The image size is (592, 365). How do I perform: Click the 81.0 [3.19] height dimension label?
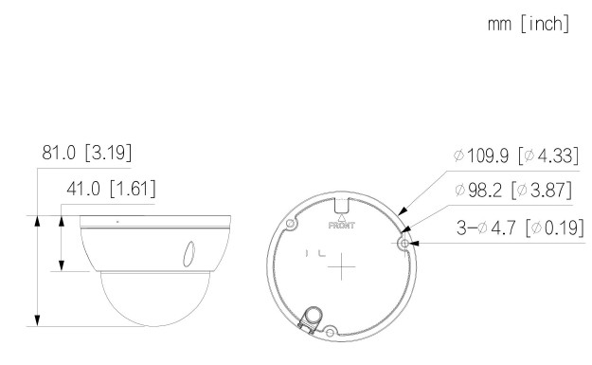pos(87,153)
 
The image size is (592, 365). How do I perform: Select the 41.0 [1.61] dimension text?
pos(111,188)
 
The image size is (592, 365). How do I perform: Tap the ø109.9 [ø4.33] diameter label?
pos(515,155)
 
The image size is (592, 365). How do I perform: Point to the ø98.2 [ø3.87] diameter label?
pos(513,190)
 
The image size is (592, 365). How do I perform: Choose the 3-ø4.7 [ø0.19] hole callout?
pos(520,228)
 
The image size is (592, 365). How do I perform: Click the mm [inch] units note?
pos(529,24)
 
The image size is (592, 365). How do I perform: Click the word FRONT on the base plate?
pos(342,226)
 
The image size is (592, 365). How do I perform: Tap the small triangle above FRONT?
pos(342,218)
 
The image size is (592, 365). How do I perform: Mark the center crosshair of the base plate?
pos(341,266)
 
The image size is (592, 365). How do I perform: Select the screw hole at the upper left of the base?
pos(291,224)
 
